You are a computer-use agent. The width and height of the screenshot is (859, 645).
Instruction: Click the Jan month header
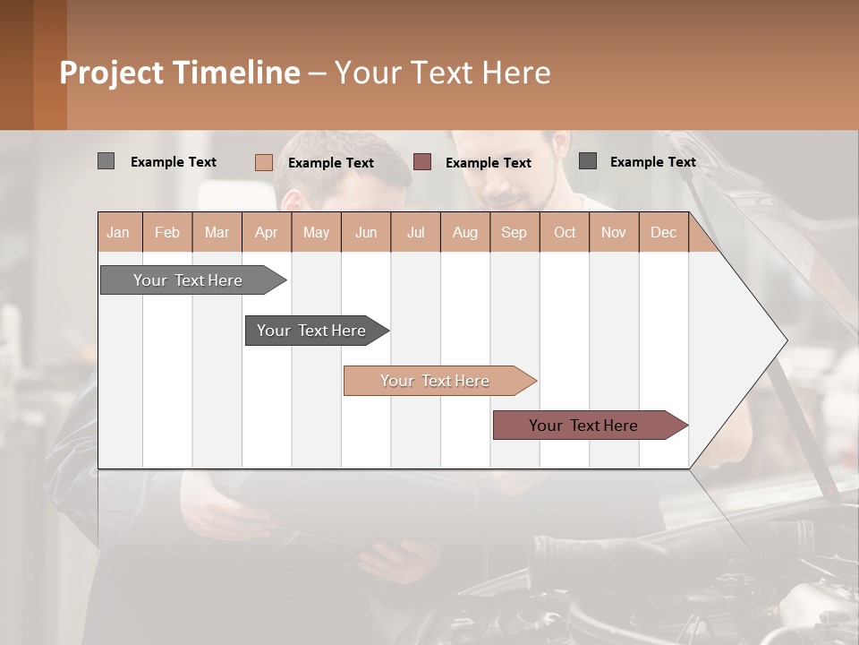(118, 232)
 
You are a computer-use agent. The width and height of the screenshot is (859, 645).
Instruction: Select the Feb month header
(167, 232)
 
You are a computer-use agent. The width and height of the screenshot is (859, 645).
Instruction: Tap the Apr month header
(267, 232)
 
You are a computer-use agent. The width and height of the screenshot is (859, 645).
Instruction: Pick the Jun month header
(366, 232)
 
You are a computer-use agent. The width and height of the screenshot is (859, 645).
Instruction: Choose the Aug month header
(465, 232)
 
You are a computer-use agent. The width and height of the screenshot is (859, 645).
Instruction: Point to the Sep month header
(515, 232)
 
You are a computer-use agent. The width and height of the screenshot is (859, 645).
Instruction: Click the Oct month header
(565, 232)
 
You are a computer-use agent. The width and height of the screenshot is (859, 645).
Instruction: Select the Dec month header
(664, 232)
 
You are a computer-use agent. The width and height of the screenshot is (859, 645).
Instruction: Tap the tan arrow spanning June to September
(436, 381)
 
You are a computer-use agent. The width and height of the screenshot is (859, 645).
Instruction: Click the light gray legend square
(106, 161)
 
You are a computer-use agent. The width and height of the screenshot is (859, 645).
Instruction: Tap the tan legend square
(263, 162)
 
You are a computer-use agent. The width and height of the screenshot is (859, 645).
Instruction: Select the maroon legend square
(422, 162)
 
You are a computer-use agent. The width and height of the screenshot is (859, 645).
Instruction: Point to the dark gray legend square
(587, 161)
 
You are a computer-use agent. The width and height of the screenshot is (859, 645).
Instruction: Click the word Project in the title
(111, 73)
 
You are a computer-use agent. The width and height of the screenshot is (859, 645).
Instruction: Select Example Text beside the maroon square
(488, 163)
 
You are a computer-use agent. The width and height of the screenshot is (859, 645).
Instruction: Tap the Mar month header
(217, 232)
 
